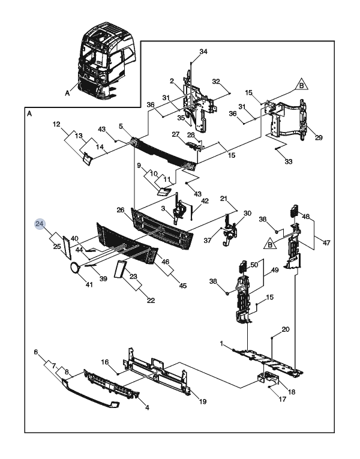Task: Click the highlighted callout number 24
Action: coord(40,224)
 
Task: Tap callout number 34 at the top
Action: coord(203,52)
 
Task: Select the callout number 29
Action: coord(319,137)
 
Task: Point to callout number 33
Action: coord(288,161)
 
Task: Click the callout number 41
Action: coord(89,284)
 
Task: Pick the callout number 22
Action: coord(151,301)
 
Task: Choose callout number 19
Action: coord(203,401)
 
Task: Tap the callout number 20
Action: coord(286,329)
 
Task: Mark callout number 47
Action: coord(326,242)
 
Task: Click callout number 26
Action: coord(120,210)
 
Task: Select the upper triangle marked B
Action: coord(301,85)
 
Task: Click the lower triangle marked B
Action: coord(270,244)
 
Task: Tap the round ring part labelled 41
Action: coord(74,268)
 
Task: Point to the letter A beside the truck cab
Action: coord(68,93)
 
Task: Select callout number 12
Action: coord(56,124)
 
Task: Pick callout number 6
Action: coord(36,352)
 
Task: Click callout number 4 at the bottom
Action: coord(147,407)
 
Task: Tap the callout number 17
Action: coord(282,399)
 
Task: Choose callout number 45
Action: coord(182,286)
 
